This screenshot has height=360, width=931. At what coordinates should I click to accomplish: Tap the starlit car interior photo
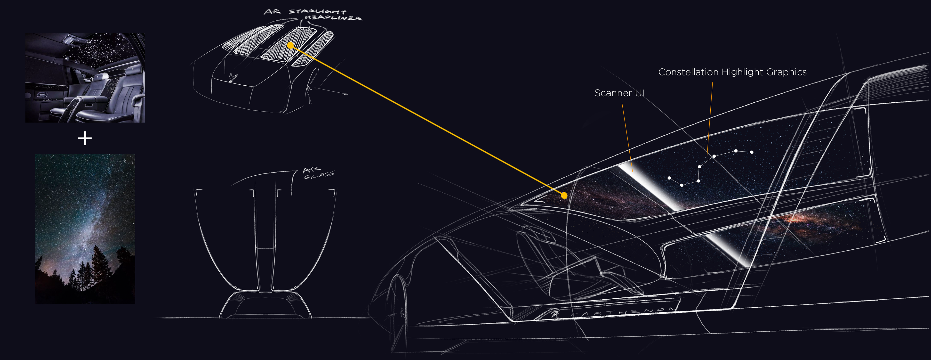[85, 78]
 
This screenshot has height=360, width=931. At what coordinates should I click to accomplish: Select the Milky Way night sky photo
[85, 229]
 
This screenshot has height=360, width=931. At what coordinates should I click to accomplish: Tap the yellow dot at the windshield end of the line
[564, 196]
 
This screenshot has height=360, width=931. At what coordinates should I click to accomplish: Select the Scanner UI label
[619, 93]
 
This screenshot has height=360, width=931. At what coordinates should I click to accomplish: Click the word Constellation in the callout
[688, 72]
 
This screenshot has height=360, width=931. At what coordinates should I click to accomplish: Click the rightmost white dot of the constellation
[752, 152]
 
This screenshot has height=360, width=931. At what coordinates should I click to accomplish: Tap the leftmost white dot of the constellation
[669, 178]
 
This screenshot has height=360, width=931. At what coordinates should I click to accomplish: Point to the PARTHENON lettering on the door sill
[622, 311]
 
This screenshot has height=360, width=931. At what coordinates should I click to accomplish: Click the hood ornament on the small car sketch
[233, 77]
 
